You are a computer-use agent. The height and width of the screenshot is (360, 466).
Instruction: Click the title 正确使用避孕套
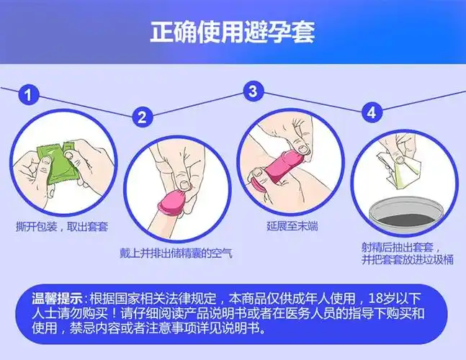[x=232, y=32]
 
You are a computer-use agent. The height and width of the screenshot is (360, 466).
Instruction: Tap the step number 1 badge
[x=28, y=94]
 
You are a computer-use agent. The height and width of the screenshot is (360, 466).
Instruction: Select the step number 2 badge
[x=142, y=117]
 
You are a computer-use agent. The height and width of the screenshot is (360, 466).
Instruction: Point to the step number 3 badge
[x=252, y=91]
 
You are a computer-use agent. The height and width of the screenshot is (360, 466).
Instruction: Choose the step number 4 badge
[x=371, y=112]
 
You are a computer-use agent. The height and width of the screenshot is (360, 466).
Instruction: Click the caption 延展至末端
[x=292, y=227]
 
